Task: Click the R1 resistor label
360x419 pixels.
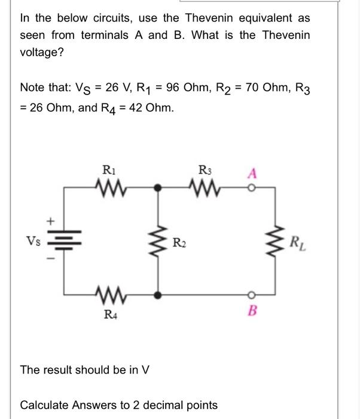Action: pyautogui.click(x=109, y=171)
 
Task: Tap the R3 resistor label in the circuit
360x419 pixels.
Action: pyautogui.click(x=205, y=171)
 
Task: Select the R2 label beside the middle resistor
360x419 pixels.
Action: pyautogui.click(x=179, y=242)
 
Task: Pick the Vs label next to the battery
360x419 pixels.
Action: pyautogui.click(x=33, y=241)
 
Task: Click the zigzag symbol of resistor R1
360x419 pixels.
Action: pyautogui.click(x=109, y=187)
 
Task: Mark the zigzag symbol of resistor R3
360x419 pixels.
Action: pyautogui.click(x=205, y=187)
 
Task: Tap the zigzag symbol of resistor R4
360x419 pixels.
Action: pyautogui.click(x=109, y=294)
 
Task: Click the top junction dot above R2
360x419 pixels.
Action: pyautogui.click(x=158, y=187)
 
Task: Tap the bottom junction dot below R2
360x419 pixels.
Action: pyautogui.click(x=158, y=294)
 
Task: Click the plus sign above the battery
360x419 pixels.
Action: pyautogui.click(x=53, y=221)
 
